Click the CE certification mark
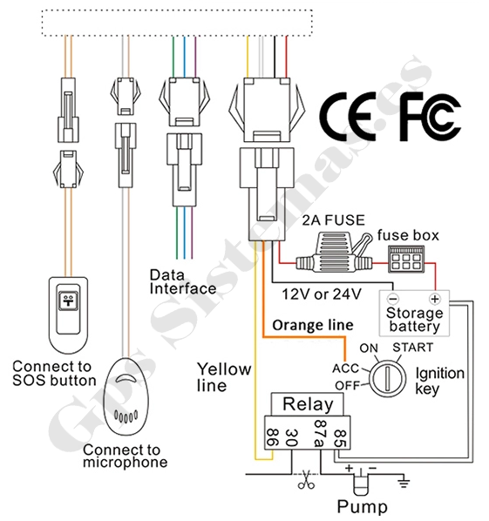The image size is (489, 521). tap(348, 116)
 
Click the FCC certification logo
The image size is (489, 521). tap(430, 116)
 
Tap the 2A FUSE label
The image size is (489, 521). tap(334, 220)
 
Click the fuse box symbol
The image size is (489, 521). tap(406, 260)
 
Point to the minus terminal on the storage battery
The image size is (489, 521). tap(393, 299)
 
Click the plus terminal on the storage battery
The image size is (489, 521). tap(435, 299)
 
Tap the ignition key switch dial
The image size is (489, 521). tap(388, 378)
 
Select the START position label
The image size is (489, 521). tap(413, 348)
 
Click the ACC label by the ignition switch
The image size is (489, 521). tap(346, 369)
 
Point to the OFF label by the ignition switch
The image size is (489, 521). tap(348, 385)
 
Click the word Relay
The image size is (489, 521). tap(308, 404)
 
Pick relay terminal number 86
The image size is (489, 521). tap(273, 437)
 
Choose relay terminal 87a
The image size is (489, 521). tap(320, 434)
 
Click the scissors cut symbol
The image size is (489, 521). tap(306, 480)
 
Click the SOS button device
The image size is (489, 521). tap(69, 315)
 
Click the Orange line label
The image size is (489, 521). tap(313, 325)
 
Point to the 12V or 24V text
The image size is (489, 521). tap(322, 294)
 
